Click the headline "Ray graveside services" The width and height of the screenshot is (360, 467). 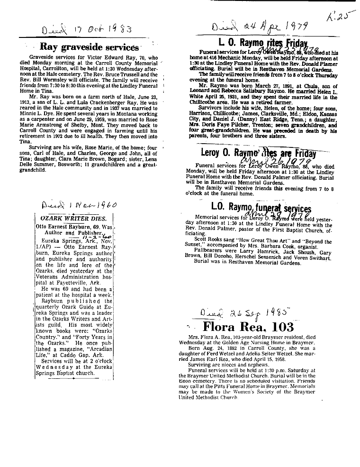pos(89,47)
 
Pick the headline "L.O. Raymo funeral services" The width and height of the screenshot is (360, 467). pos(261,208)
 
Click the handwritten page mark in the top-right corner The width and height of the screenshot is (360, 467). pos(336,18)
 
